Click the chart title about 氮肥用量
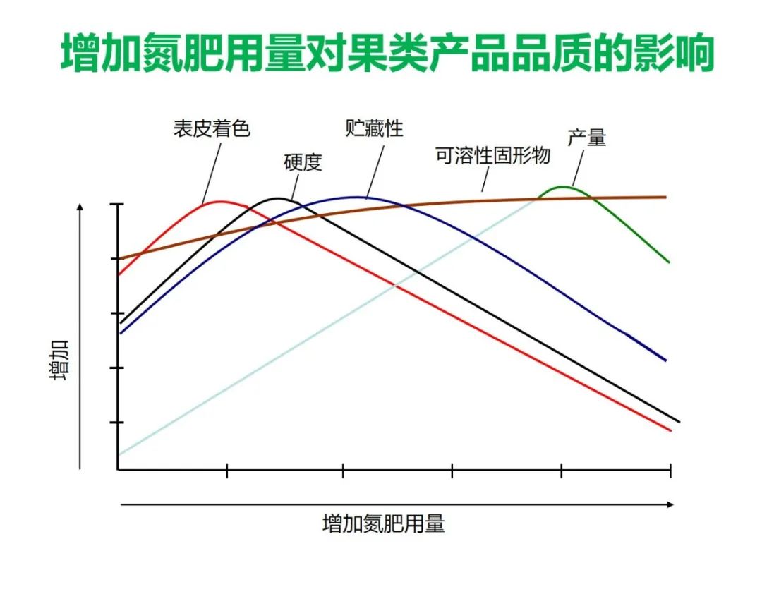(387, 54)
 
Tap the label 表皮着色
(212, 129)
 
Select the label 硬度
(303, 162)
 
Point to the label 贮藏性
(375, 128)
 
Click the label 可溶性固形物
(492, 156)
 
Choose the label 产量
(586, 138)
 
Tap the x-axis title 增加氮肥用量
(384, 524)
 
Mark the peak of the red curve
(221, 202)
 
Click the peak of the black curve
(279, 198)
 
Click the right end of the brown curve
(665, 197)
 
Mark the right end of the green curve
(668, 262)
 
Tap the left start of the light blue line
(119, 454)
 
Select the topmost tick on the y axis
(116, 205)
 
